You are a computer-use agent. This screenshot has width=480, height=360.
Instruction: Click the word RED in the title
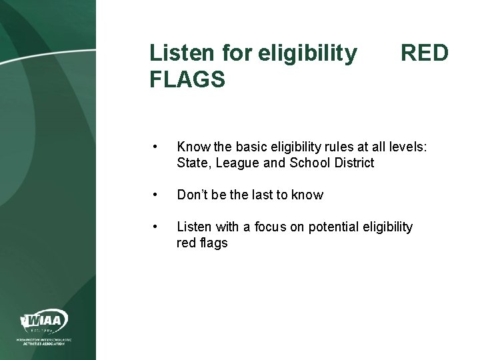pos(424,53)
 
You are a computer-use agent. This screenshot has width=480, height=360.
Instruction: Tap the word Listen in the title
pos(179,53)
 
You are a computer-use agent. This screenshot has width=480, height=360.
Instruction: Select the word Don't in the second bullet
pos(193,195)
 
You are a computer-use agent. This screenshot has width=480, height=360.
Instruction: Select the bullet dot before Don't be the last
pos(155,195)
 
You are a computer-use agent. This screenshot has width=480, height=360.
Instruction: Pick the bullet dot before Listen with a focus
pos(155,228)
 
